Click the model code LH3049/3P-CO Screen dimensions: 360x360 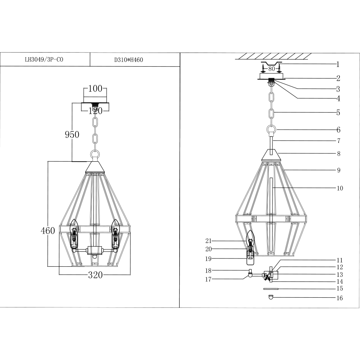click(44, 60)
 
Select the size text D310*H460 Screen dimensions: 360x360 click(129, 60)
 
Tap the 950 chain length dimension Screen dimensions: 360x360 click(72, 135)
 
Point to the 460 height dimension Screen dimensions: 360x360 click(48, 231)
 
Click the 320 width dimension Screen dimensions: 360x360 click(95, 275)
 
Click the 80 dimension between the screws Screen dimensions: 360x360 click(272, 68)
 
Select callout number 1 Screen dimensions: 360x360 click(338, 65)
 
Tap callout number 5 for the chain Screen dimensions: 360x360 click(338, 113)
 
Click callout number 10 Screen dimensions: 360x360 click(339, 188)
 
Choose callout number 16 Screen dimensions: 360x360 click(339, 298)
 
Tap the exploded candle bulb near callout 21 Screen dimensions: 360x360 click(250, 238)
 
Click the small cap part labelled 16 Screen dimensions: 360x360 click(271, 297)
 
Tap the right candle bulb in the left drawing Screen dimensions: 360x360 click(115, 227)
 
